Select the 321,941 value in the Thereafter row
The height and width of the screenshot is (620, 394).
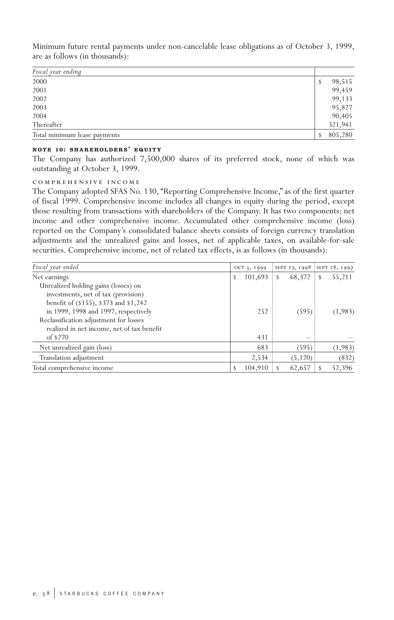click(340, 125)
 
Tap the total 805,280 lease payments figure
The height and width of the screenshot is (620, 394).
click(340, 135)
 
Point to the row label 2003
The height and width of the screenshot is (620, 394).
click(40, 107)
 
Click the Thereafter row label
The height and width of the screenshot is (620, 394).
click(47, 125)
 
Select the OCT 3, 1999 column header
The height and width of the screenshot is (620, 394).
click(250, 267)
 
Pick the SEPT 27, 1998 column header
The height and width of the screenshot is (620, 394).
click(293, 267)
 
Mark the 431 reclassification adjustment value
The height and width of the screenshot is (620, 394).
click(262, 337)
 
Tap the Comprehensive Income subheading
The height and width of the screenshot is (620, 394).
click(86, 182)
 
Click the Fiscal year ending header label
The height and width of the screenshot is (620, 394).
click(57, 72)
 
